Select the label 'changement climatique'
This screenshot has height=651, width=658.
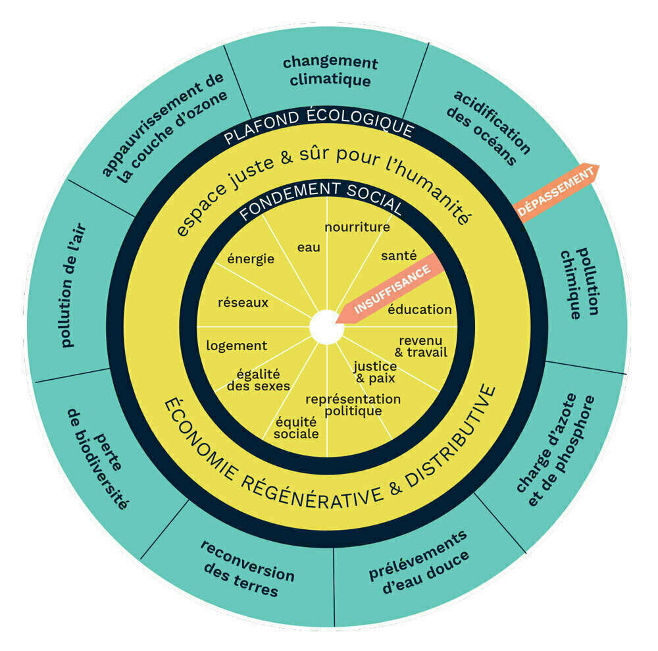pyautogui.click(x=330, y=72)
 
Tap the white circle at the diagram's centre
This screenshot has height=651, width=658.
pyautogui.click(x=326, y=327)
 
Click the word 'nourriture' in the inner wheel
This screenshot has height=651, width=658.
pyautogui.click(x=357, y=227)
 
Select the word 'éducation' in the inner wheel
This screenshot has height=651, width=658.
pyautogui.click(x=419, y=309)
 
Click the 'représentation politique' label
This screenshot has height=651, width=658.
pyautogui.click(x=353, y=405)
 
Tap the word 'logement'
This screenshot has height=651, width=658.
pyautogui.click(x=236, y=346)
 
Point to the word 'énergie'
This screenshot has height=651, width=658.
pyautogui.click(x=251, y=259)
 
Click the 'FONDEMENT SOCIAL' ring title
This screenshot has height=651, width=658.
pyautogui.click(x=320, y=197)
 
